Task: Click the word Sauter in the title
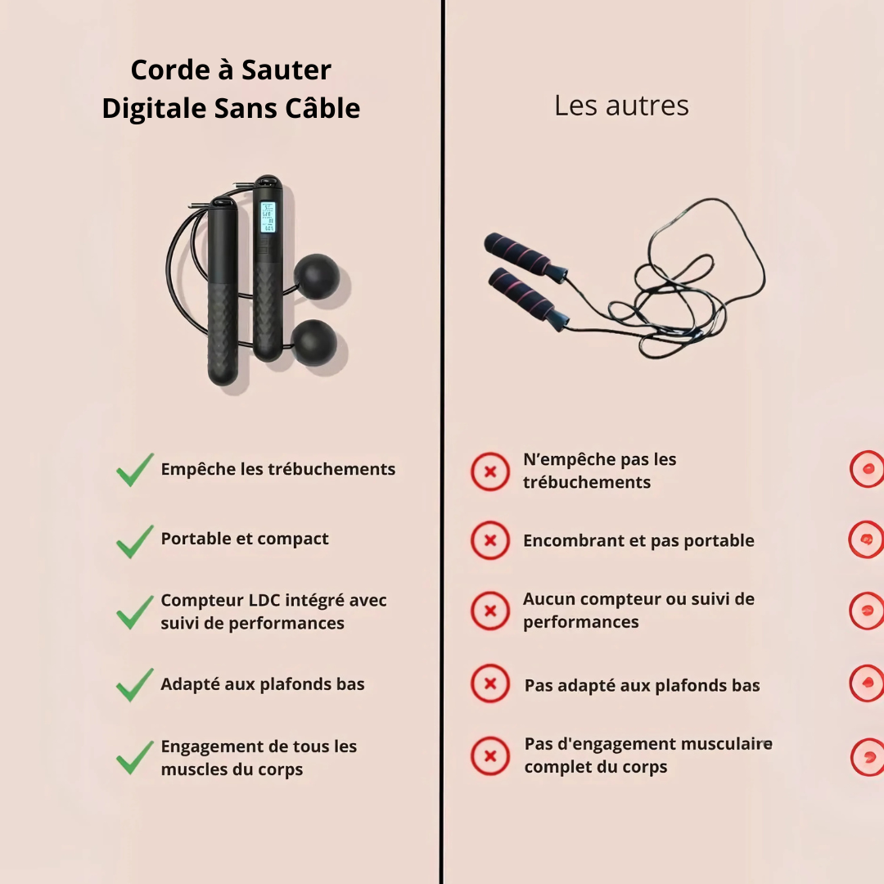pos(286,70)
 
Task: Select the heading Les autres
pos(621,106)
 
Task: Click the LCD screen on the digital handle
pos(267,217)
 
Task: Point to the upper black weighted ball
pos(317,277)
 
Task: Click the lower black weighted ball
pos(314,343)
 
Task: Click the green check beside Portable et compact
pos(135,541)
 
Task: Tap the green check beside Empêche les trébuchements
pos(135,470)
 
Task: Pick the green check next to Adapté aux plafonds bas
pos(135,684)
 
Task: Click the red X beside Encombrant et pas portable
pos(490,540)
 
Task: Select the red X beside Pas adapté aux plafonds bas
pos(490,683)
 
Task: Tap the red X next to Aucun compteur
pos(490,611)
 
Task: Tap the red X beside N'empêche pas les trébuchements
pos(490,471)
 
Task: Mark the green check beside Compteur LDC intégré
pos(135,612)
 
